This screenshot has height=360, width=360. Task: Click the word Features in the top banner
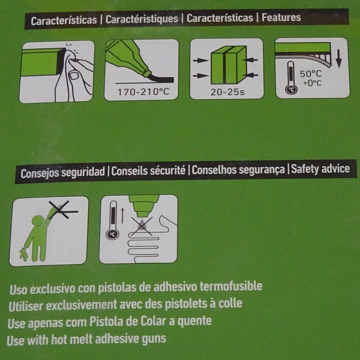pyautogui.click(x=281, y=18)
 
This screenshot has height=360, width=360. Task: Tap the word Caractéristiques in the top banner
pyautogui.click(x=142, y=19)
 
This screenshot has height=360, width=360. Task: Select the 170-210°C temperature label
pyautogui.click(x=143, y=92)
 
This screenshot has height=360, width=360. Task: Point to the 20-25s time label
pyautogui.click(x=227, y=92)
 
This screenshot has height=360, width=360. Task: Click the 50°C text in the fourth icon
pyautogui.click(x=311, y=74)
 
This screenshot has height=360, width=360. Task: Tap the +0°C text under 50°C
pyautogui.click(x=312, y=83)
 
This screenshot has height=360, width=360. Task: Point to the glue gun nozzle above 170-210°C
pyautogui.click(x=148, y=73)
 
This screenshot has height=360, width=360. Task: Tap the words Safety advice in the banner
pyautogui.click(x=320, y=169)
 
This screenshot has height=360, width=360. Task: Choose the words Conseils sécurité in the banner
pyautogui.click(x=148, y=171)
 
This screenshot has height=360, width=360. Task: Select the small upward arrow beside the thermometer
pyautogui.click(x=123, y=215)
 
